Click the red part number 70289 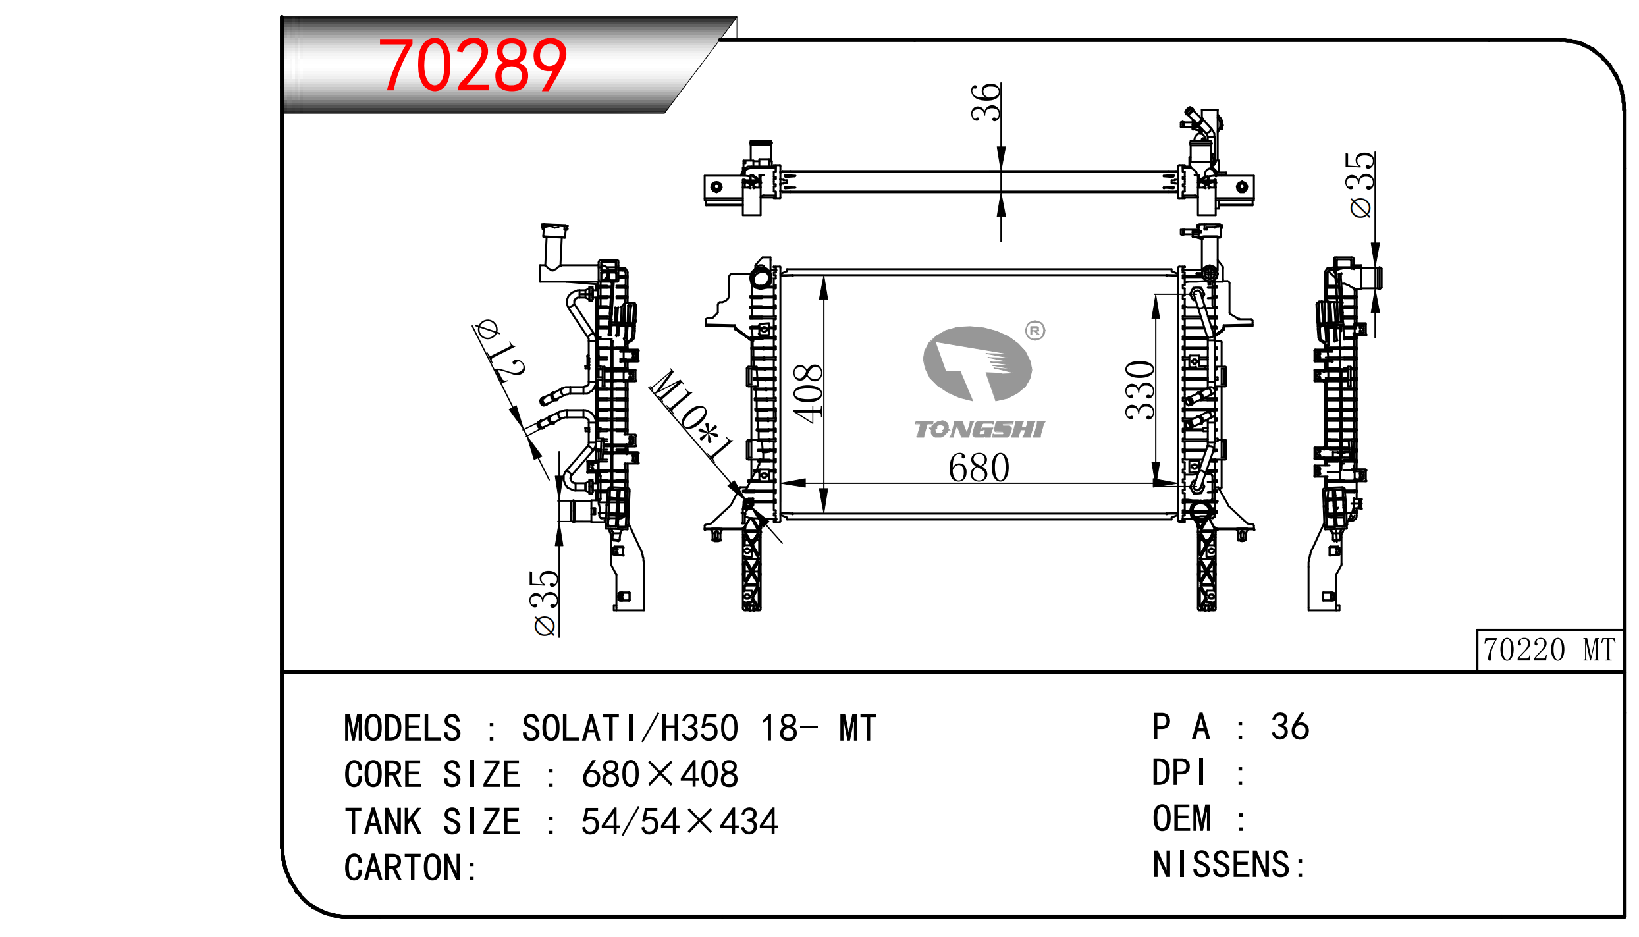[472, 65]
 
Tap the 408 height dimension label [808, 393]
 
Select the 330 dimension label [1140, 390]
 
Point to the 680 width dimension [979, 468]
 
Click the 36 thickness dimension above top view [986, 102]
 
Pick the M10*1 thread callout [691, 415]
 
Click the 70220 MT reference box [1549, 650]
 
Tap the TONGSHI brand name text [979, 429]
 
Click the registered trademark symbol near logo [1035, 331]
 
